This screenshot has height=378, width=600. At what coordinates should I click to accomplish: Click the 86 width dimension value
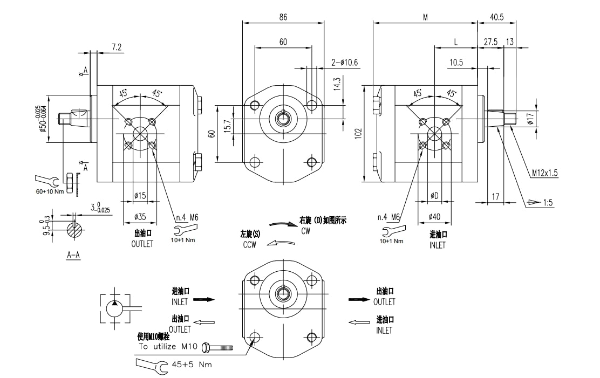pyautogui.click(x=283, y=17)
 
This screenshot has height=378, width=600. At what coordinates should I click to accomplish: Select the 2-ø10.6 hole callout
pyautogui.click(x=345, y=63)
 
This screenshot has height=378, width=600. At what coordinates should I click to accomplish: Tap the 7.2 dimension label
pyautogui.click(x=117, y=47)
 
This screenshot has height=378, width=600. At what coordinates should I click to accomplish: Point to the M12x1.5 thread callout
pyautogui.click(x=544, y=173)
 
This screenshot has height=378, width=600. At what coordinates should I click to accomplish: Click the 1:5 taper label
pyautogui.click(x=549, y=203)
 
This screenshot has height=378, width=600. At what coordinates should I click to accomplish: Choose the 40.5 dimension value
pyautogui.click(x=496, y=17)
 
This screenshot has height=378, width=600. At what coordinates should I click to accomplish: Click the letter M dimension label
pyautogui.click(x=425, y=17)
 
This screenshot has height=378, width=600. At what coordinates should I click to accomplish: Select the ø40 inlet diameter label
pyautogui.click(x=434, y=216)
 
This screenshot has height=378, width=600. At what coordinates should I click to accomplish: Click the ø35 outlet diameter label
pyautogui.click(x=140, y=217)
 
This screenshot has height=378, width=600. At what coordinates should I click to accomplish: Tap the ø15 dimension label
pyautogui.click(x=140, y=195)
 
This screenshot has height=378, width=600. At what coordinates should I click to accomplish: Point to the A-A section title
pyautogui.click(x=73, y=255)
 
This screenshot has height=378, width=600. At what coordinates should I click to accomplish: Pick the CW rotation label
pyautogui.click(x=306, y=230)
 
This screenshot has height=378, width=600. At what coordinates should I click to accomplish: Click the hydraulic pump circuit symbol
pyautogui.click(x=115, y=309)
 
